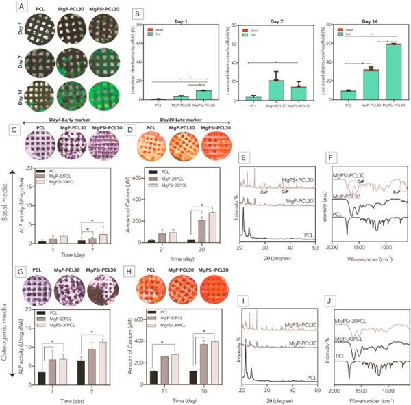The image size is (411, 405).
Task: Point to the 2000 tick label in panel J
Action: (334, 389)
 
